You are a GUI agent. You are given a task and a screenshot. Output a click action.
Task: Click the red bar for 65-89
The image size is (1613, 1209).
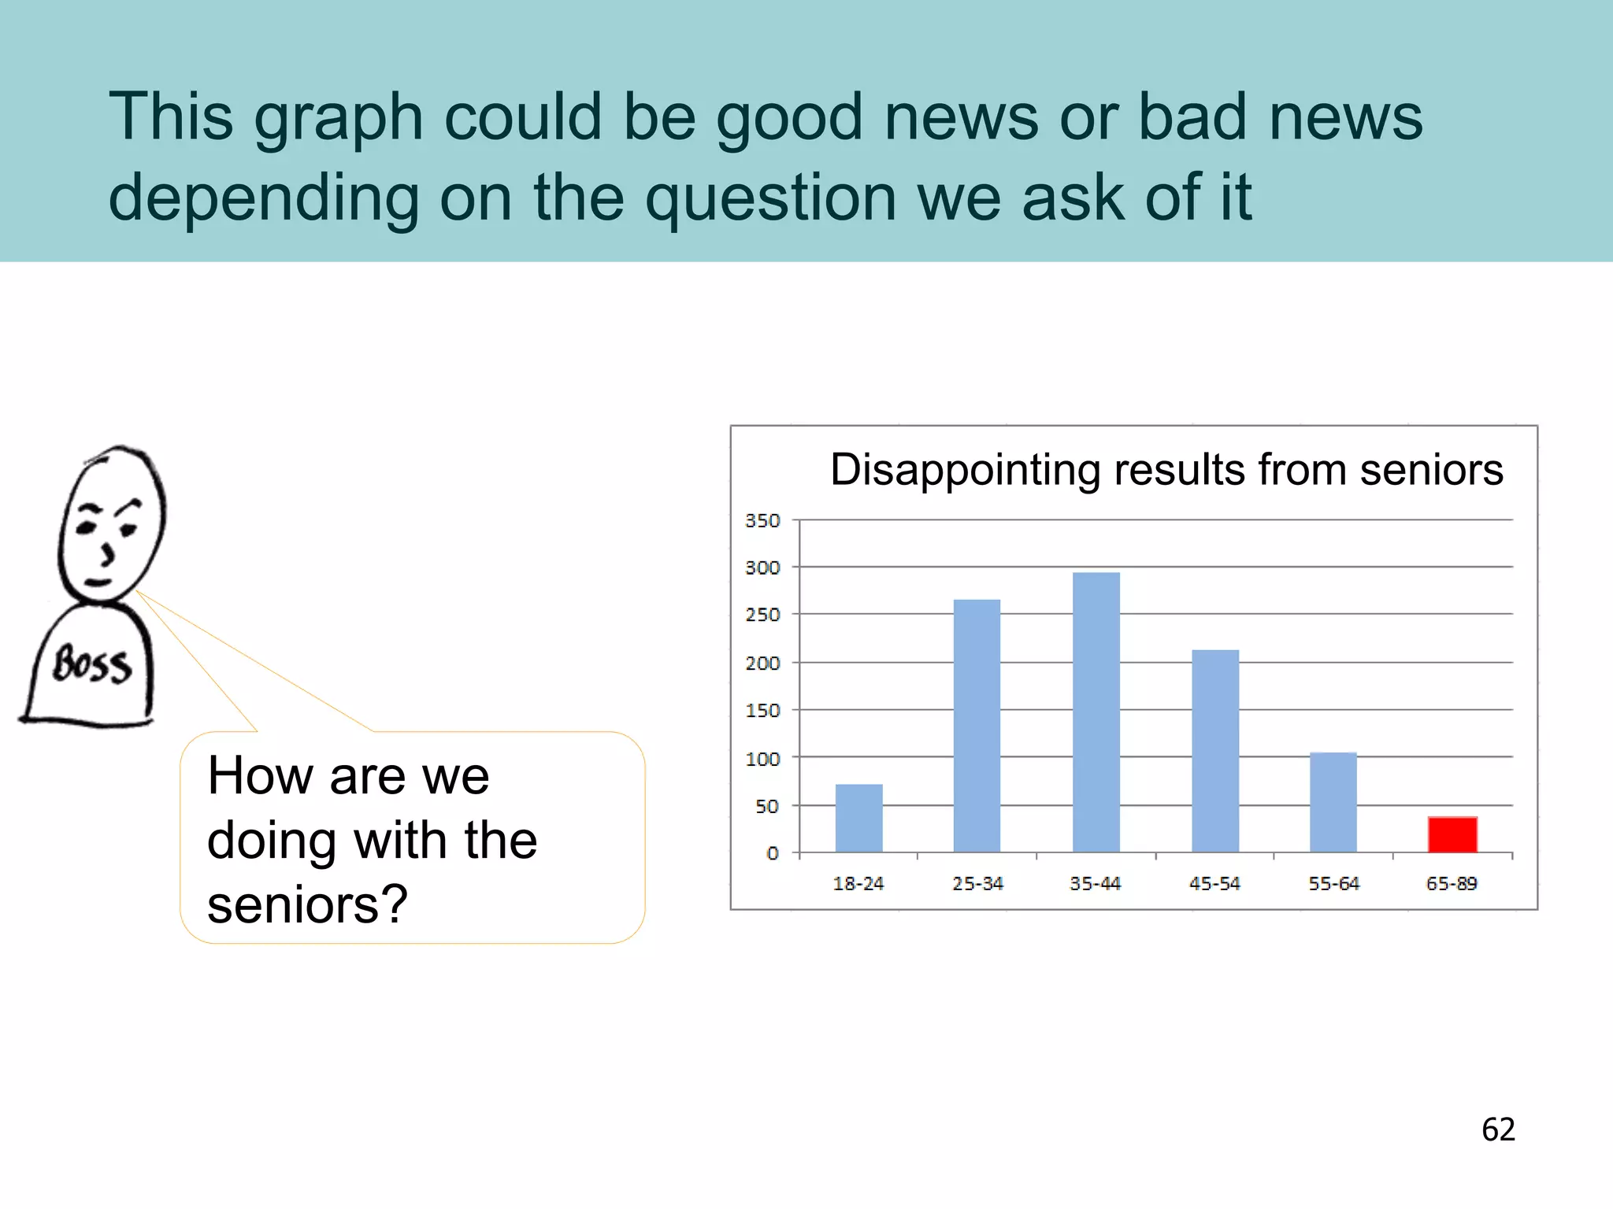point(1452,834)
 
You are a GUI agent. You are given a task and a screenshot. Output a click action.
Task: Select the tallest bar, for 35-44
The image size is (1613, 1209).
point(1096,712)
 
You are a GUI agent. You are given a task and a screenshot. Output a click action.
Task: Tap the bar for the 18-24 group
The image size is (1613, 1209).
point(858,818)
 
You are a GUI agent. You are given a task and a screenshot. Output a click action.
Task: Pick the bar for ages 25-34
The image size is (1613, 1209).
point(977,726)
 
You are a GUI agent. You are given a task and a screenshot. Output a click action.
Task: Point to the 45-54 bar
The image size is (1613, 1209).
point(1215,751)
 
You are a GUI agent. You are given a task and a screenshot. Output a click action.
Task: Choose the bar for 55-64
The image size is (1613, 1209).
point(1333,802)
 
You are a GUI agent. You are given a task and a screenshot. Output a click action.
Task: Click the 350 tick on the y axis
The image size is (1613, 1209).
point(762,521)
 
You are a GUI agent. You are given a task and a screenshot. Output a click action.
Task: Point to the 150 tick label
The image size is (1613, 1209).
point(762,711)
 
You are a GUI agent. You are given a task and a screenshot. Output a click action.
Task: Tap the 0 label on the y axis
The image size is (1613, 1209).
point(772,853)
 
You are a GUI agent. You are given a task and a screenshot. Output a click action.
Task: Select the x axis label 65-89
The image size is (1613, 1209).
point(1451,884)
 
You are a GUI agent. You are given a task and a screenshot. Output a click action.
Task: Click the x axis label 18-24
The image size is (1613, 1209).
point(858,884)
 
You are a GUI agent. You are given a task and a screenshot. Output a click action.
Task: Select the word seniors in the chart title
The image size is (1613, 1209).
point(1431,470)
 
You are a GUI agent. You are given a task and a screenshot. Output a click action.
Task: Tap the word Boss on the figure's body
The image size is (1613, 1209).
point(91,664)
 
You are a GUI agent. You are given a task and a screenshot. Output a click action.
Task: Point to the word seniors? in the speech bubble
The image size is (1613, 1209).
point(307,904)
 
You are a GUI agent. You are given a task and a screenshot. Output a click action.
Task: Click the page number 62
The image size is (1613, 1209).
point(1498,1130)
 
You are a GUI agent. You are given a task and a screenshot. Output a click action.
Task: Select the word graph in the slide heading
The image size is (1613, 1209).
point(339,118)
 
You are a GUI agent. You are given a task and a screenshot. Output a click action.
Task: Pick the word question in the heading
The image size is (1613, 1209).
point(770,198)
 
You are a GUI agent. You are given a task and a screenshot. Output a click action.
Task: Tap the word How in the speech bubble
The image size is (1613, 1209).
point(260,776)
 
